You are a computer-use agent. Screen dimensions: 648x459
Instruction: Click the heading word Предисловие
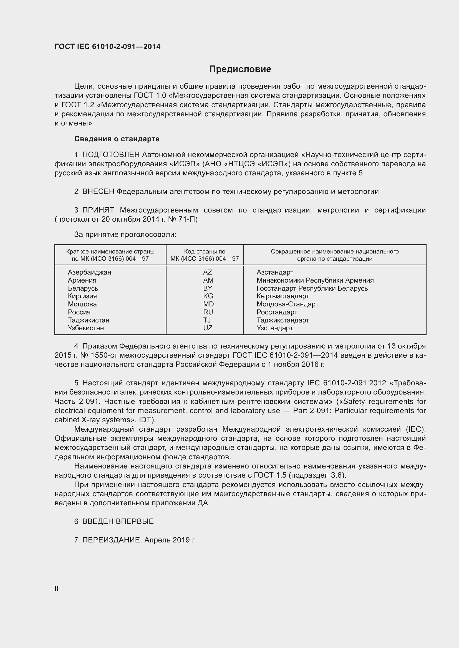(x=240, y=69)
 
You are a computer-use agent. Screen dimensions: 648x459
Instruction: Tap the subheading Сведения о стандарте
(x=117, y=139)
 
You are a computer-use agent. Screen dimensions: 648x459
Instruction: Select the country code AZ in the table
(x=208, y=272)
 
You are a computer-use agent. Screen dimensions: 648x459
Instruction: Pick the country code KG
(x=208, y=296)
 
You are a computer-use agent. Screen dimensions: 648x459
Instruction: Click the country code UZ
(x=208, y=328)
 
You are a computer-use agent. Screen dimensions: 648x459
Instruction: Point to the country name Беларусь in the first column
(x=83, y=288)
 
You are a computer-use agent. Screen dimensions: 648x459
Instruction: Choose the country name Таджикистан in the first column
(x=89, y=320)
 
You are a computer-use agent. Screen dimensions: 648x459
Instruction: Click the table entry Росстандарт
(x=277, y=312)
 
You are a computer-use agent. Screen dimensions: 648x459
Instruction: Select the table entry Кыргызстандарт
(x=283, y=296)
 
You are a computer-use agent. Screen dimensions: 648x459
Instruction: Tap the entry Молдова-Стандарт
(x=287, y=304)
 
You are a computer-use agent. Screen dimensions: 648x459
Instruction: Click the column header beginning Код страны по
(x=205, y=252)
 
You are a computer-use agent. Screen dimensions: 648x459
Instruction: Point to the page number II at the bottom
(x=57, y=588)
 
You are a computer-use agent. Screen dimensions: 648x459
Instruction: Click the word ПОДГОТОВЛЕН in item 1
(x=111, y=155)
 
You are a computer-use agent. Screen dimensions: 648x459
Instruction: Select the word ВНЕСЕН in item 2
(x=98, y=192)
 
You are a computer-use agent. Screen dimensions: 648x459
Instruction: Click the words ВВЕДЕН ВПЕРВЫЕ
(x=118, y=522)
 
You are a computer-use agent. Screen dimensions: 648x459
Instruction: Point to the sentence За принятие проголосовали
(x=125, y=235)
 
